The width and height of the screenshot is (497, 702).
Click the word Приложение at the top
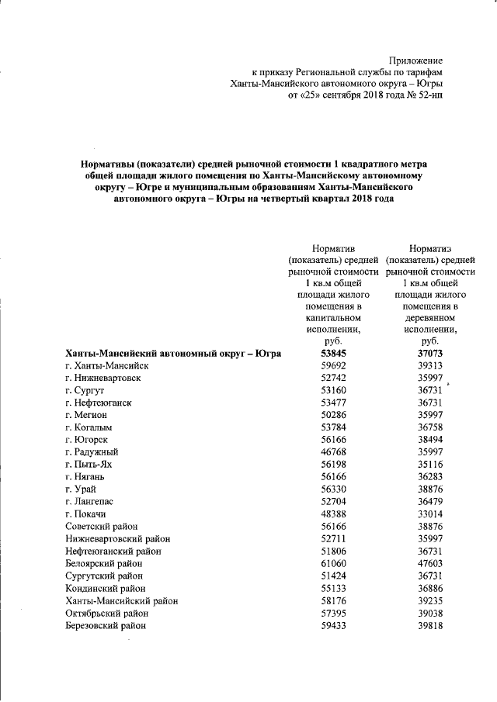tap(415, 60)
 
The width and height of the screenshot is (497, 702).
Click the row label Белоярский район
tap(108, 563)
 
